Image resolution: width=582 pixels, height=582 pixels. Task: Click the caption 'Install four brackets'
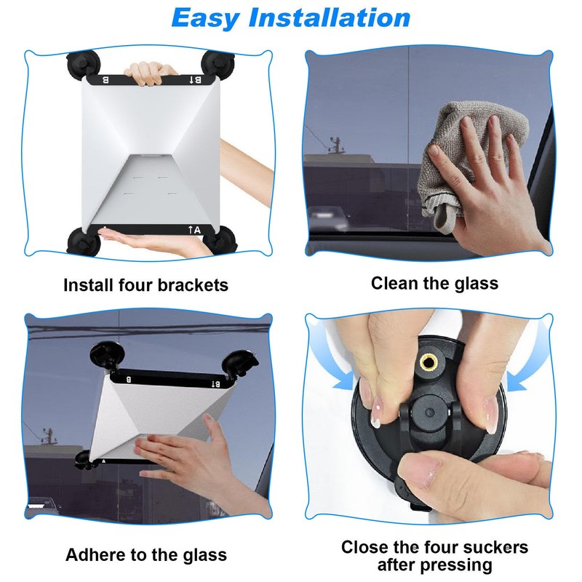click(145, 284)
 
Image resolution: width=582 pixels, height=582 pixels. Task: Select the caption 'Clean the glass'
click(434, 282)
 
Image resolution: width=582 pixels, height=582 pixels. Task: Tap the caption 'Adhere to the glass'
click(146, 555)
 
